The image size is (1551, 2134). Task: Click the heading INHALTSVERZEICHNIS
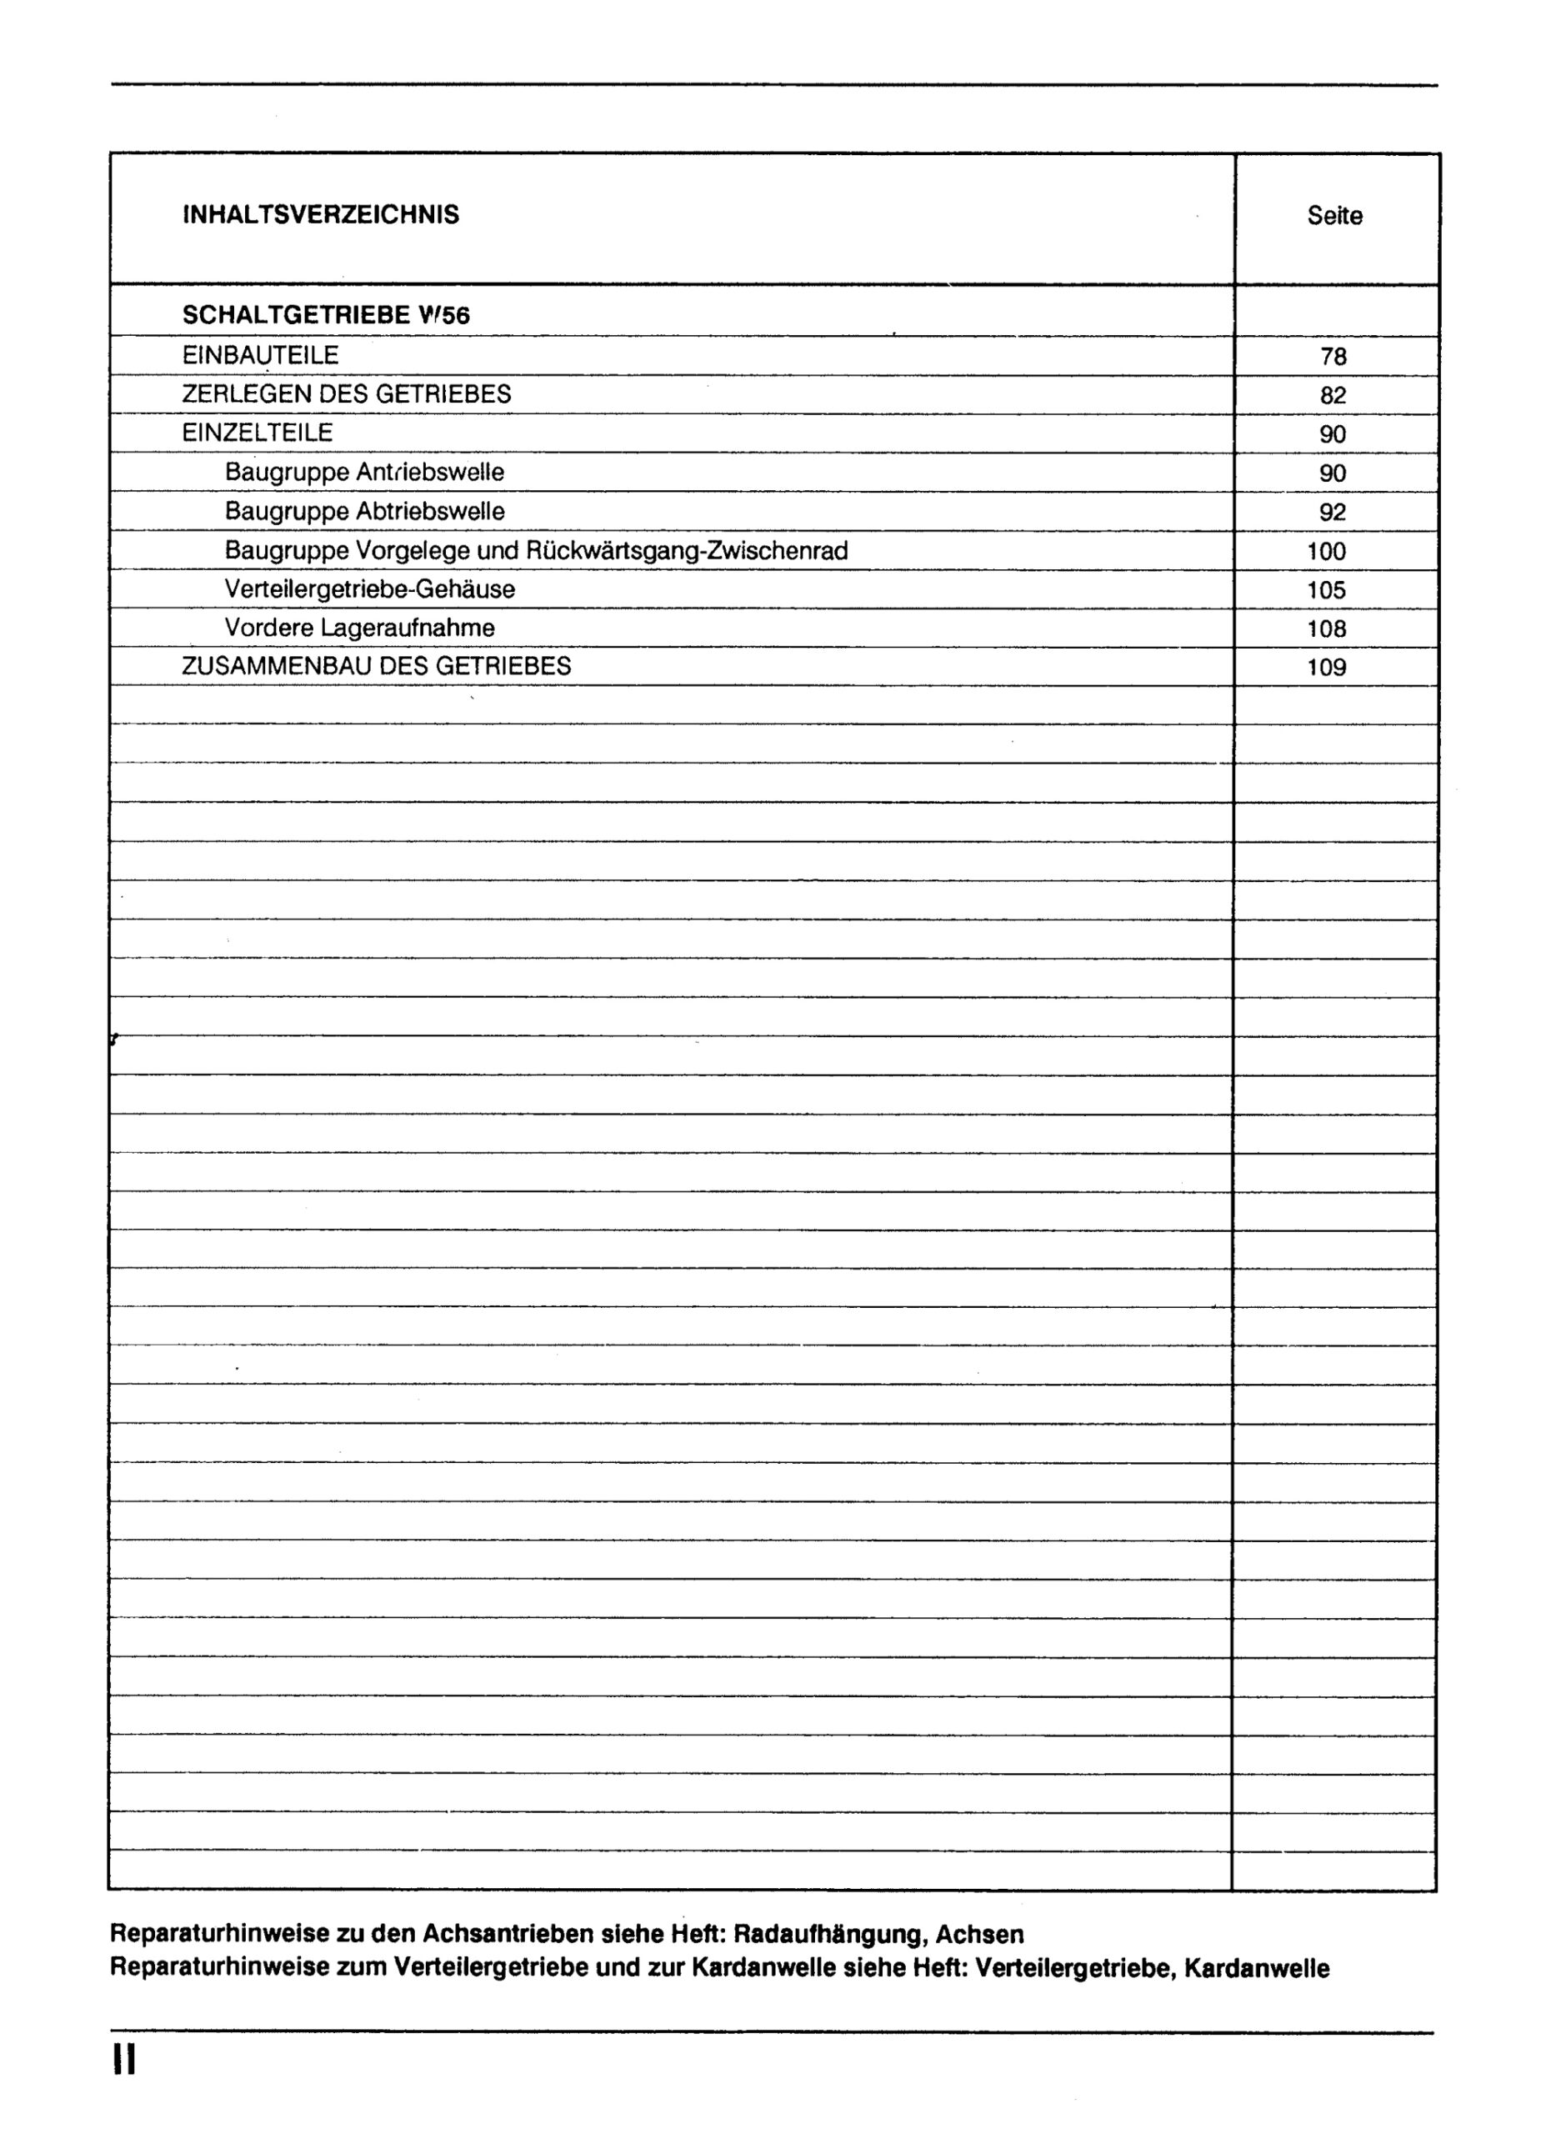pyautogui.click(x=321, y=215)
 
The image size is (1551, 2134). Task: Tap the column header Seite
pyautogui.click(x=1333, y=217)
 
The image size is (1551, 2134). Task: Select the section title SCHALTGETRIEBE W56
pyautogui.click(x=325, y=315)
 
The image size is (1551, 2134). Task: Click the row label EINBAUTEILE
pyautogui.click(x=261, y=356)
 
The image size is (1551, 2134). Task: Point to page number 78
pyautogui.click(x=1333, y=357)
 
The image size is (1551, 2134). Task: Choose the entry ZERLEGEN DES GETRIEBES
pyautogui.click(x=346, y=394)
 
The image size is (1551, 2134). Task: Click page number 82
pyautogui.click(x=1333, y=395)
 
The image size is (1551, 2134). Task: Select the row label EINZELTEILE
pyautogui.click(x=258, y=433)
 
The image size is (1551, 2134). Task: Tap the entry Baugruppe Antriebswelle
pyautogui.click(x=364, y=473)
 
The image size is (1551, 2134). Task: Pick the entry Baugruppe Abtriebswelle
pyautogui.click(x=364, y=512)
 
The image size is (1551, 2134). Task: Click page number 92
pyautogui.click(x=1333, y=513)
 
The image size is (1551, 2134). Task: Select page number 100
pyautogui.click(x=1326, y=551)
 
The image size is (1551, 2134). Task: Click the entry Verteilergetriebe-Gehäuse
pyautogui.click(x=370, y=590)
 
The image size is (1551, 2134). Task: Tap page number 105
pyautogui.click(x=1326, y=591)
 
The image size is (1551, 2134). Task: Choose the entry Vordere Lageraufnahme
pyautogui.click(x=359, y=628)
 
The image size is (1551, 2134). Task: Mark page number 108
pyautogui.click(x=1326, y=629)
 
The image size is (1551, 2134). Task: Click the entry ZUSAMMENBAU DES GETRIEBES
pyautogui.click(x=376, y=666)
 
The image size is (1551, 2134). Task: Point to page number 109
pyautogui.click(x=1326, y=668)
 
